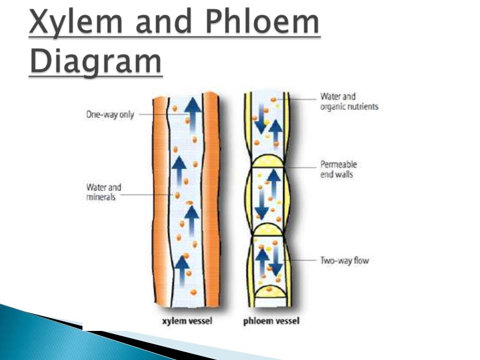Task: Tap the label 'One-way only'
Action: click(x=110, y=114)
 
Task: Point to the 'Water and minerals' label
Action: click(x=104, y=192)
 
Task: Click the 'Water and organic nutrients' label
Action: click(x=349, y=102)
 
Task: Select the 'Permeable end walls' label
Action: click(x=338, y=169)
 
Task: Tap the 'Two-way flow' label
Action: click(x=345, y=261)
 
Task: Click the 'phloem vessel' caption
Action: click(x=271, y=321)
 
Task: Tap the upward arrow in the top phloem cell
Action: click(x=276, y=131)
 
